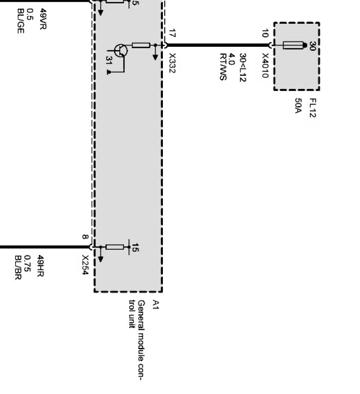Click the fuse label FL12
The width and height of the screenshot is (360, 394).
coord(312,108)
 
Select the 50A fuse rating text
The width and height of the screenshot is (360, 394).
coord(298,107)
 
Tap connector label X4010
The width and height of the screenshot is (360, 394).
coord(265,65)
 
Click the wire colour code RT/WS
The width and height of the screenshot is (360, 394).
coord(223,67)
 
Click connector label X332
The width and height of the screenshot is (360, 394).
coord(172,63)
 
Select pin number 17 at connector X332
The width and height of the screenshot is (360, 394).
coord(172,33)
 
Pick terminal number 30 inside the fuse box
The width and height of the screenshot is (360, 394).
coord(312,46)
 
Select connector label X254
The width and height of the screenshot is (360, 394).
coord(85,265)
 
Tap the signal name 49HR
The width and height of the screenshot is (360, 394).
coord(41,266)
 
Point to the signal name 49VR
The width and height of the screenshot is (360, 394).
coord(43,19)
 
